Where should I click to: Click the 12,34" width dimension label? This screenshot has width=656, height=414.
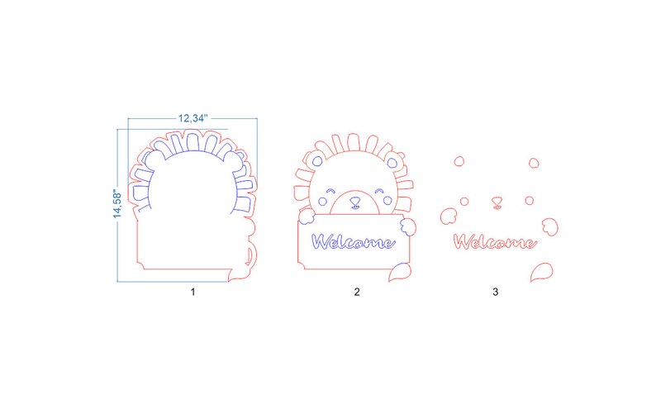click(193, 119)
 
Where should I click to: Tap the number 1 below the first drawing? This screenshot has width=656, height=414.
click(193, 292)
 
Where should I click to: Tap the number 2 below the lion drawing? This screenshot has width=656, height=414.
click(357, 292)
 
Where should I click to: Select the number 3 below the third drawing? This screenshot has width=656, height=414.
click(495, 292)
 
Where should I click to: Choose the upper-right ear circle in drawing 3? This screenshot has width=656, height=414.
click(534, 162)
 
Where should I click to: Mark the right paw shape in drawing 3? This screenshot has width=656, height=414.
click(549, 223)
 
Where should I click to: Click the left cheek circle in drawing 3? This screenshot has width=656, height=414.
click(464, 201)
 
